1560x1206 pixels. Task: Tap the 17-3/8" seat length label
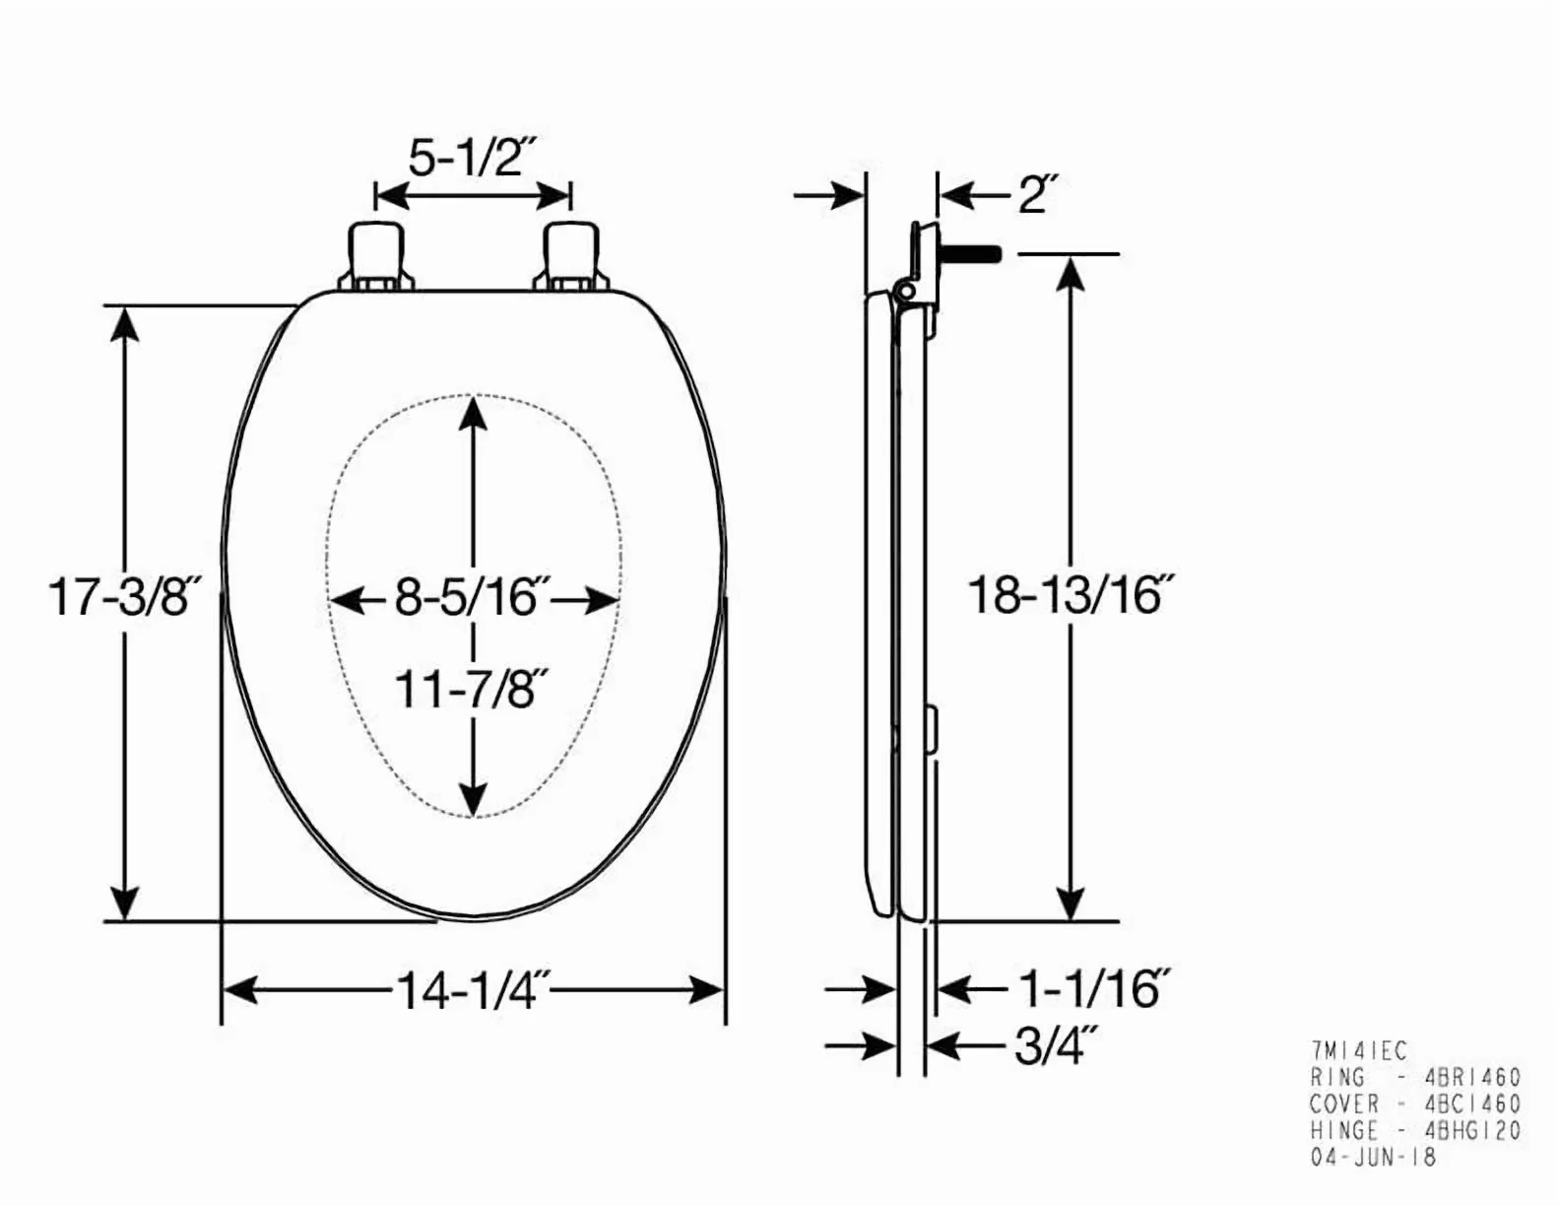click(127, 597)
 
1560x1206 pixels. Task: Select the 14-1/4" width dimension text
click(474, 991)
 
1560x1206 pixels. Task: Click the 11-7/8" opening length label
click(473, 690)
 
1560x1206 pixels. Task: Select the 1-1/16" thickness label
click(1095, 989)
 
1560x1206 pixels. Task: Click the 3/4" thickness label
click(1056, 1047)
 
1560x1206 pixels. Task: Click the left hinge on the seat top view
click(376, 257)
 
